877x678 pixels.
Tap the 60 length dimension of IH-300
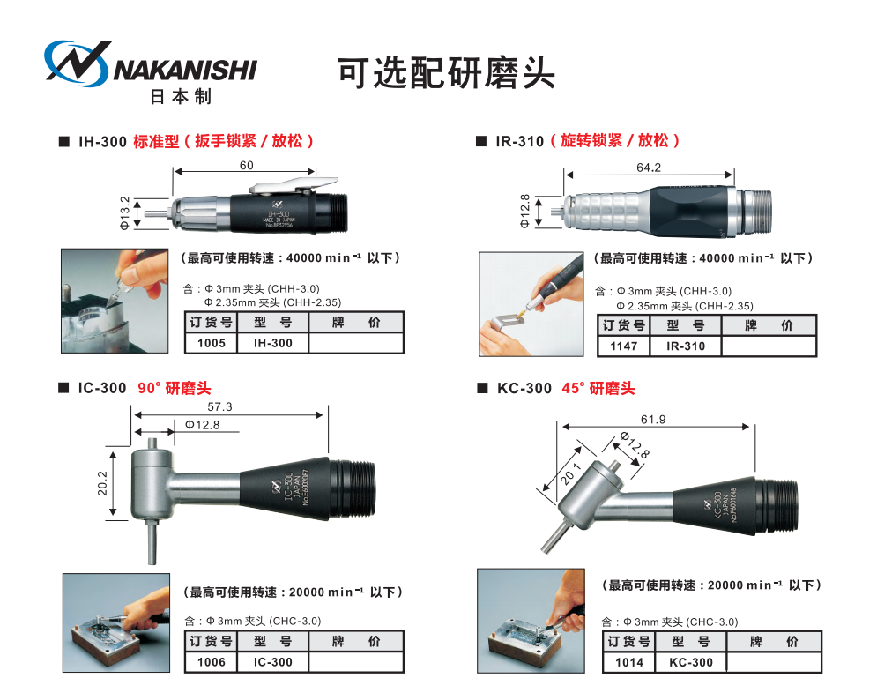point(246,166)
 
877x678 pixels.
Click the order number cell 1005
point(212,343)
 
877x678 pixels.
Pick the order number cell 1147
point(623,346)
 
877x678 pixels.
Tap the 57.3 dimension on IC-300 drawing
point(219,407)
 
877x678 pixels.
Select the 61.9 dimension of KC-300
point(653,419)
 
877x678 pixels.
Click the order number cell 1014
point(629,662)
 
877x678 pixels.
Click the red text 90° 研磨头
point(175,389)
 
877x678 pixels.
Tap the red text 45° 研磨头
point(598,389)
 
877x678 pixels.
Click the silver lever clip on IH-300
point(283,186)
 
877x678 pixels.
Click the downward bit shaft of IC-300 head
point(151,540)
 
